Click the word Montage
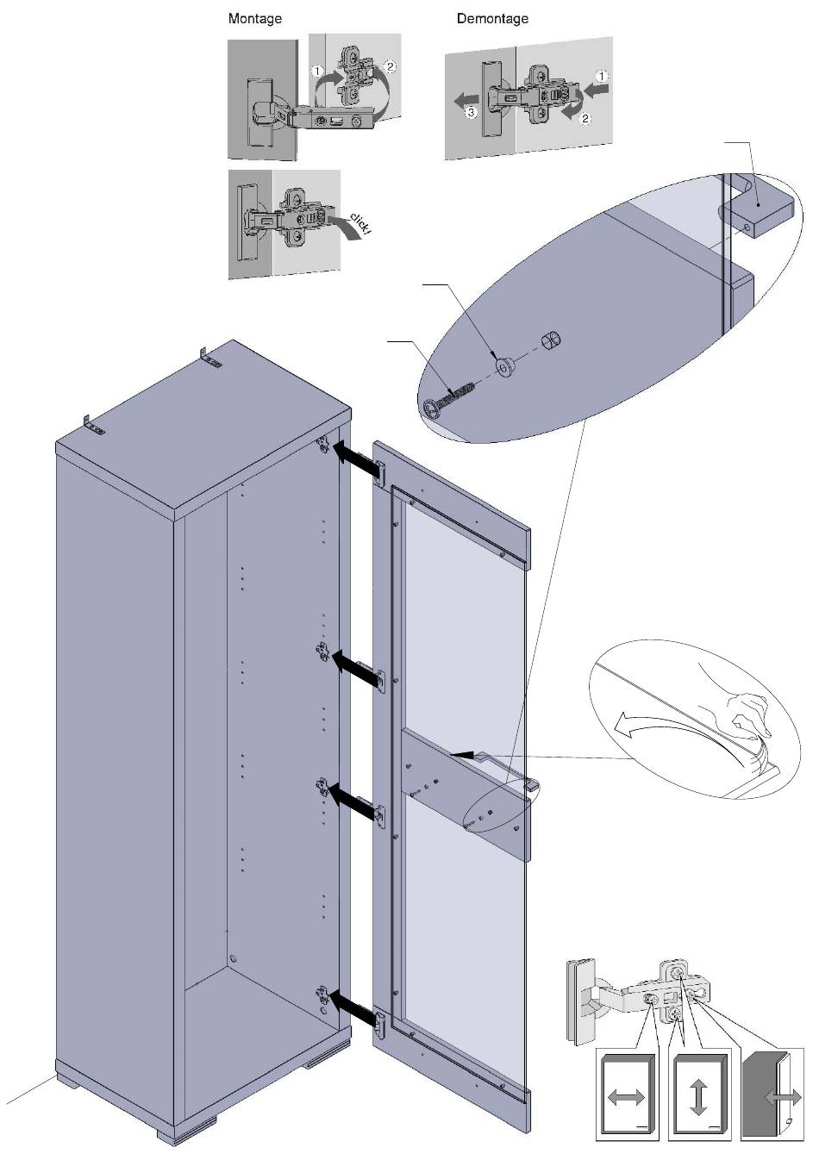pyautogui.click(x=254, y=19)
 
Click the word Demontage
pyautogui.click(x=492, y=19)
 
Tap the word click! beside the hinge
pyautogui.click(x=359, y=222)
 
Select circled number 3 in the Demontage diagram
pyautogui.click(x=471, y=112)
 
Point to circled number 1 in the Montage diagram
pyautogui.click(x=317, y=71)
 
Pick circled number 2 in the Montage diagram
pyautogui.click(x=390, y=66)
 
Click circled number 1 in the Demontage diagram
pyautogui.click(x=602, y=77)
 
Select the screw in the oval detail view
pyautogui.click(x=449, y=399)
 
